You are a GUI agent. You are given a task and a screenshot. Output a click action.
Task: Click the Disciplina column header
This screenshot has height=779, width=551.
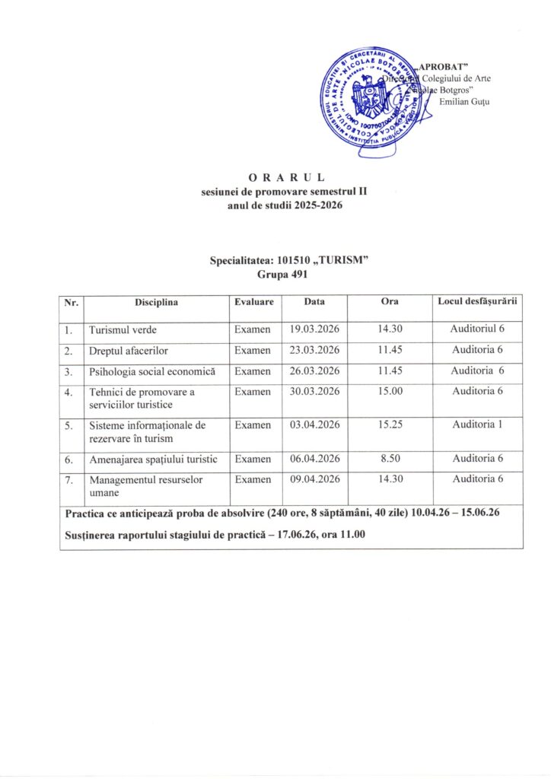coord(157,302)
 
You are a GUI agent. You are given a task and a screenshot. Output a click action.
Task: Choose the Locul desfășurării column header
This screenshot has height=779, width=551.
coord(477,302)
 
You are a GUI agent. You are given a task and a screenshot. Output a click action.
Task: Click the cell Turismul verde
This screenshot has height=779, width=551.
coord(123,330)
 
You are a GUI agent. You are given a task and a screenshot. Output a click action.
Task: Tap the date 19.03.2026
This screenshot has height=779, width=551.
coord(314,329)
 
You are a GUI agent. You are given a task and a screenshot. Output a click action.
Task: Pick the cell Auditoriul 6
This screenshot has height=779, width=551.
coord(477,329)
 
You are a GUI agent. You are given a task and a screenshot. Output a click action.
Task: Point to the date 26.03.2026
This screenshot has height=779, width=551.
coord(314,371)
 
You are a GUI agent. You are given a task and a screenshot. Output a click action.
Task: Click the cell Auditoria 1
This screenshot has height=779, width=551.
coord(477,424)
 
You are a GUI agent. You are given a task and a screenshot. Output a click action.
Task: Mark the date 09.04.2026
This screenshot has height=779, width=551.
coord(314,479)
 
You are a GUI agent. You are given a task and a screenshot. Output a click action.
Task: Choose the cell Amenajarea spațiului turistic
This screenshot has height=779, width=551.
coord(153,459)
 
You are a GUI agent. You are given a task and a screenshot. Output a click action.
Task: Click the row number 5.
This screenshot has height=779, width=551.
coord(70,425)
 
